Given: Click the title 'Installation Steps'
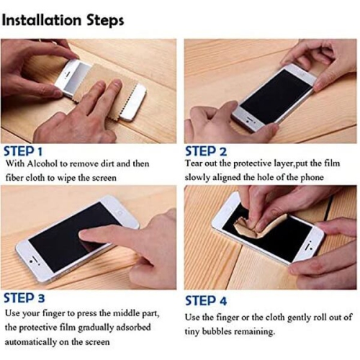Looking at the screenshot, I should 63,19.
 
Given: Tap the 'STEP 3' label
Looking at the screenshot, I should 24,297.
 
